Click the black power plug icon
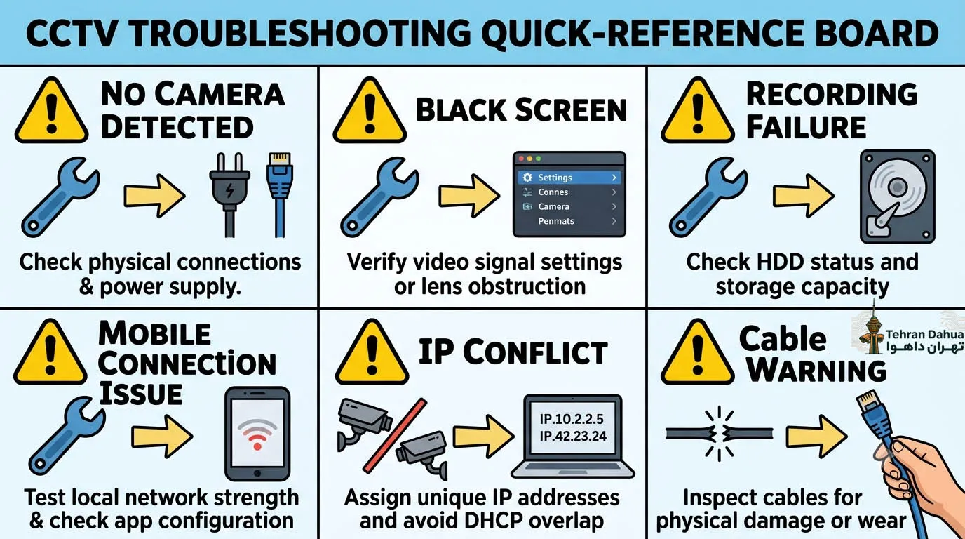click(x=229, y=194)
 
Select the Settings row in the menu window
click(x=569, y=178)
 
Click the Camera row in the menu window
click(x=569, y=206)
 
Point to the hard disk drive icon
click(x=898, y=197)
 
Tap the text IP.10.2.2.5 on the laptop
click(x=572, y=419)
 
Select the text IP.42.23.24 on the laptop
click(x=573, y=436)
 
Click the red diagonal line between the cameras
click(x=395, y=436)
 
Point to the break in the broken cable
click(x=719, y=433)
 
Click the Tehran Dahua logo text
click(x=924, y=340)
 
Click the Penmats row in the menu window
click(x=569, y=221)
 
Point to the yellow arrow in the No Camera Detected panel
click(x=155, y=195)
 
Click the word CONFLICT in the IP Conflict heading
click(x=535, y=353)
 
